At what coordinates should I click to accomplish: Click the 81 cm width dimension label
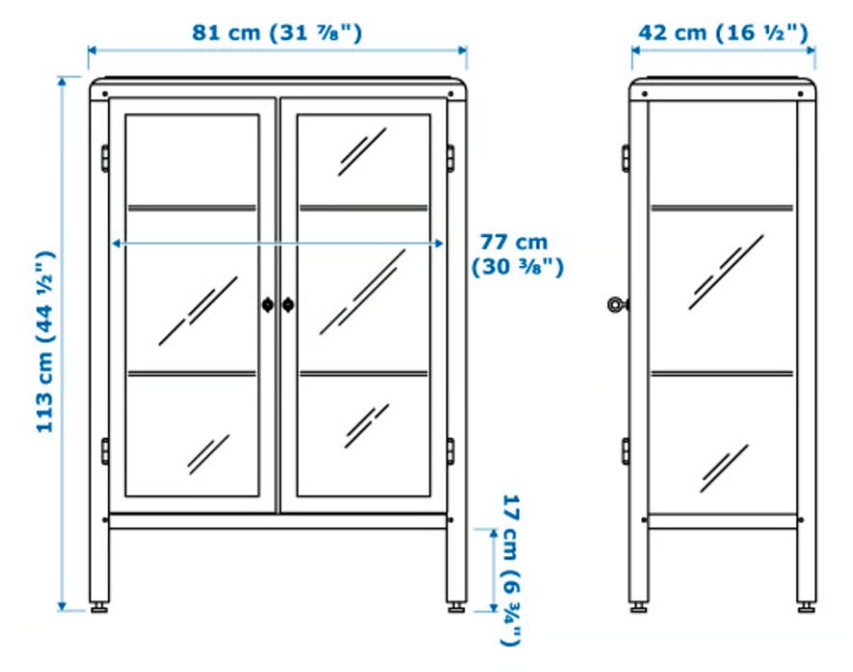point(277,32)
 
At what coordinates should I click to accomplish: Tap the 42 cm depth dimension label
point(724,33)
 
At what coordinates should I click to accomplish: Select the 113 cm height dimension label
point(44,341)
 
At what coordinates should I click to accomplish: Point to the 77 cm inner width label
point(517,255)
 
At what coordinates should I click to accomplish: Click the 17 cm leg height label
point(510,570)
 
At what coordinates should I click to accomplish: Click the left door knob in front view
point(268,305)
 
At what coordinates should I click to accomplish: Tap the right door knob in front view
point(288,305)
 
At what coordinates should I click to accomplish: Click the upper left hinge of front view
point(104,158)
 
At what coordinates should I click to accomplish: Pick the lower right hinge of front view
point(450,451)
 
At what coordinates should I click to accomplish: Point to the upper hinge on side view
point(626,158)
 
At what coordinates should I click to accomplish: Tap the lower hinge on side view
point(626,451)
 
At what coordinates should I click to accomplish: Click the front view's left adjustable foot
point(99,607)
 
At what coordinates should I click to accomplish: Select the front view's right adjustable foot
point(457,607)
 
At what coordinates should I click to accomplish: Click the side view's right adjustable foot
point(806,607)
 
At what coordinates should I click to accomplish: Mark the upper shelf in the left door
point(192,208)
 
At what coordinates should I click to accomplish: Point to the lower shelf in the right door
point(364,374)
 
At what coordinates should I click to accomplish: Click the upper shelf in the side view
point(723,208)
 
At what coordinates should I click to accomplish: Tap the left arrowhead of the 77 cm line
point(116,243)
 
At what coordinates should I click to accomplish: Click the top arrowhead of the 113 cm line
point(62,81)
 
